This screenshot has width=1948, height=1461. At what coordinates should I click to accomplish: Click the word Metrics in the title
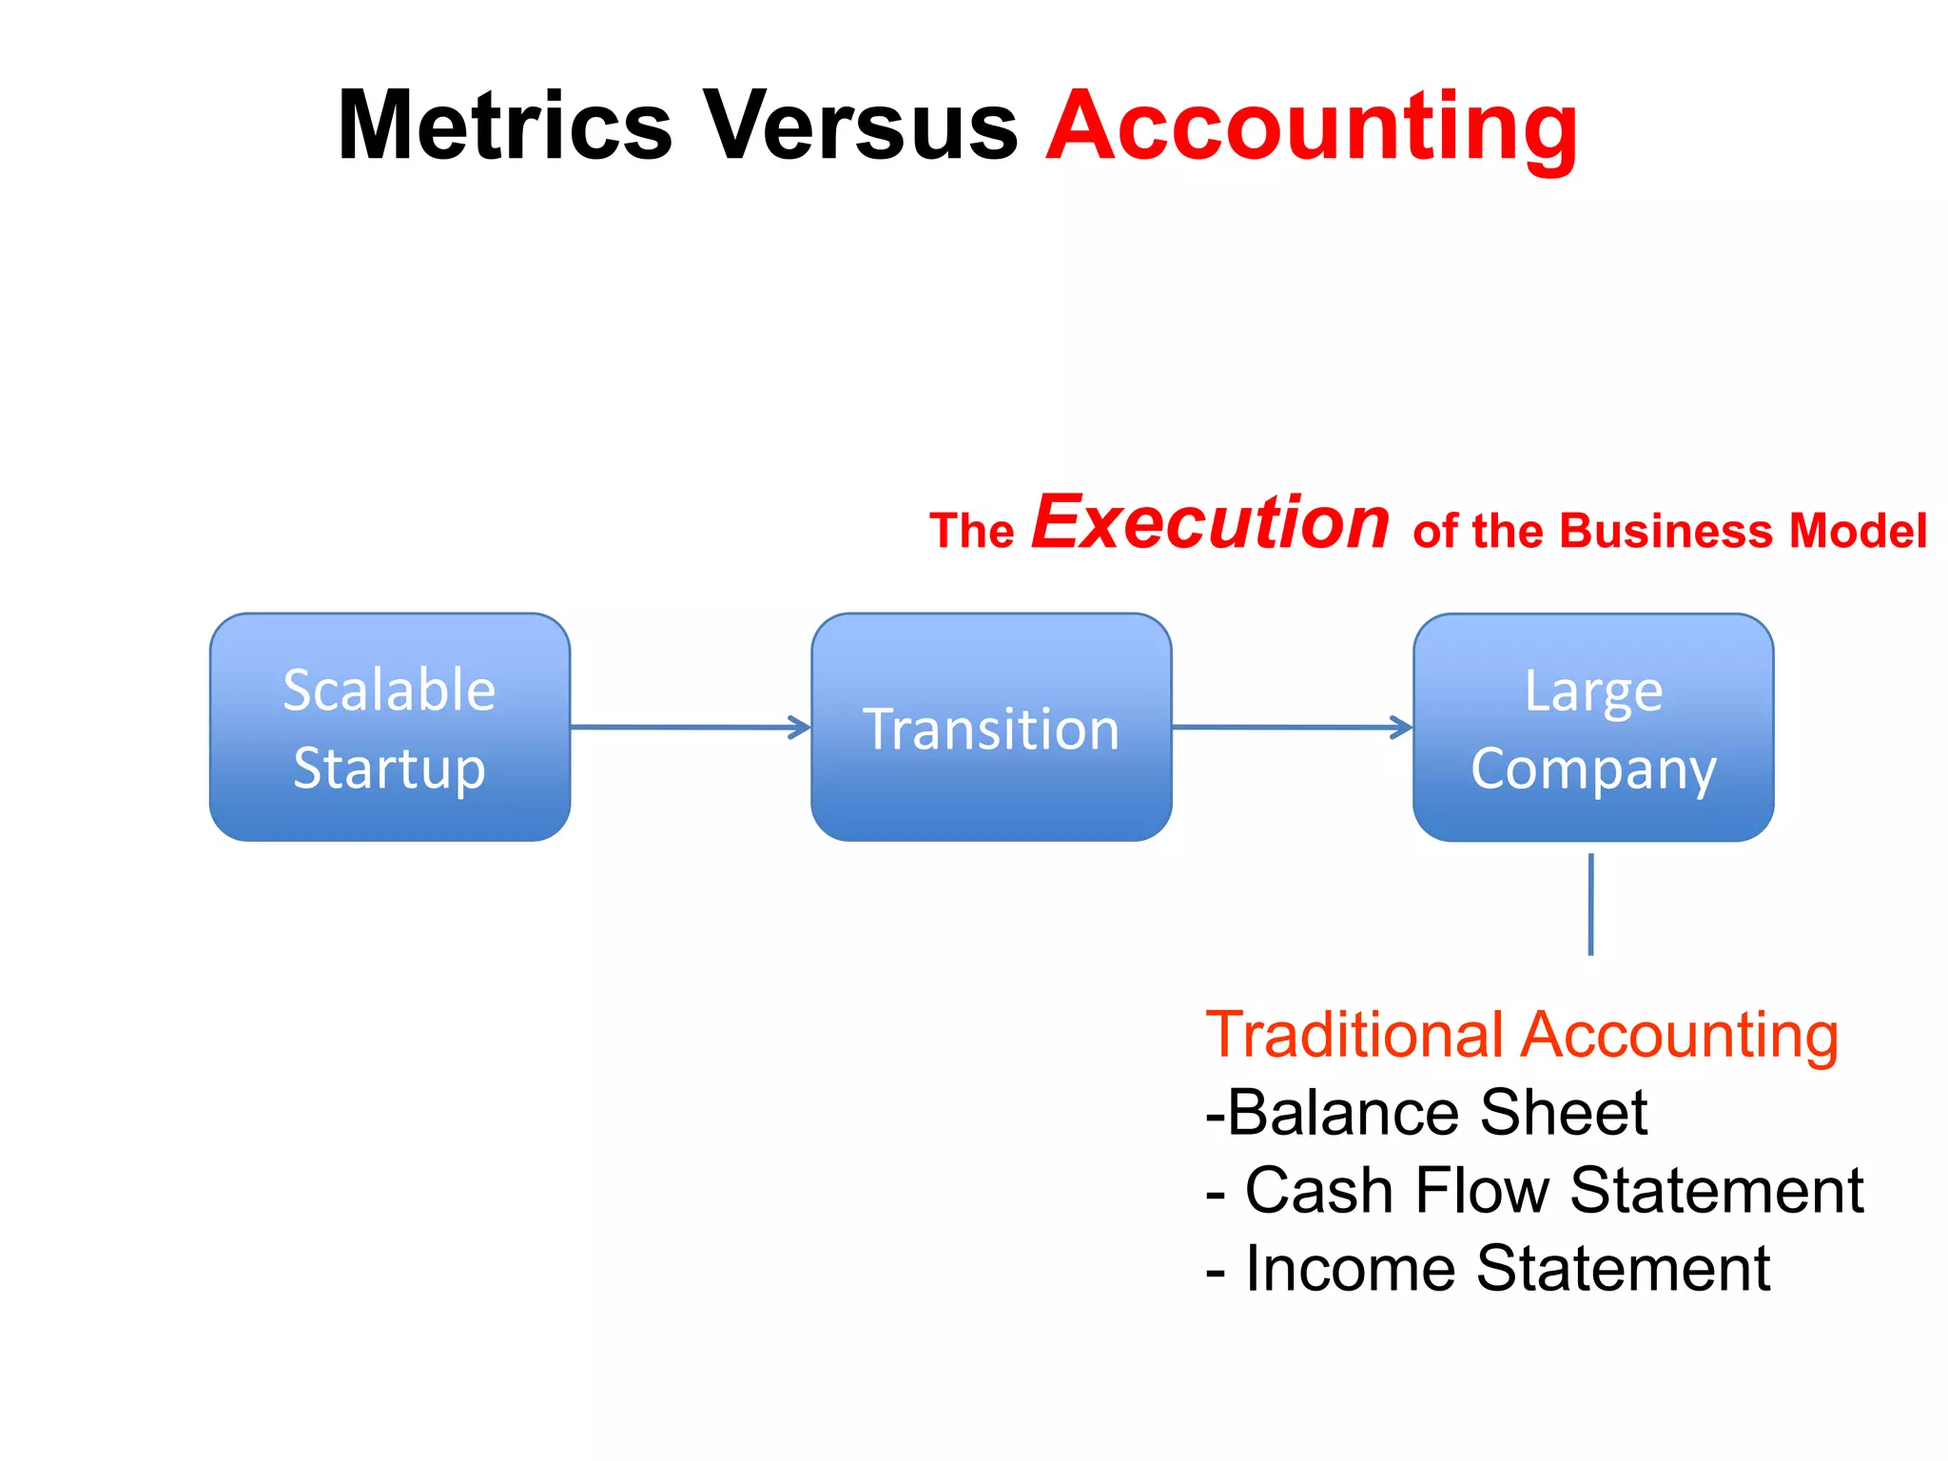pos(505,127)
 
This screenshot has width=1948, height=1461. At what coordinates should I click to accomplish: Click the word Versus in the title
pos(860,127)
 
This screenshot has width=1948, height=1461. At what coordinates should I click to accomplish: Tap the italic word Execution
pos(1211,522)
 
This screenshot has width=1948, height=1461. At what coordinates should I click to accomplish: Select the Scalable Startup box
pos(390,728)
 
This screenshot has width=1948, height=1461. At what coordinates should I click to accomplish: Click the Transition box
pos(991,728)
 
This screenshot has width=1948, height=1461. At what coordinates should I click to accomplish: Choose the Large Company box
pos(1593,728)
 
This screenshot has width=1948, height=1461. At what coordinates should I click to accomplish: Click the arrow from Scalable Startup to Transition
pos(690,728)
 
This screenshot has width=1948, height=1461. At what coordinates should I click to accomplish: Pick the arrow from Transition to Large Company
pos(1292,728)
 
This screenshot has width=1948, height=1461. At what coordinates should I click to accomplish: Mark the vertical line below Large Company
pos(1590,904)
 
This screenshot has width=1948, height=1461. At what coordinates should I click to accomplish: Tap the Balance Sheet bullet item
pos(1427,1113)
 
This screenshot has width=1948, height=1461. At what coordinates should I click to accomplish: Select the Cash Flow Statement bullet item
pos(1534,1191)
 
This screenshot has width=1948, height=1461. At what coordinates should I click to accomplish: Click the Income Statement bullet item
pos(1488,1269)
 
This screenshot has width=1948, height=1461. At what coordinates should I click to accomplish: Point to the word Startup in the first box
pos(389,769)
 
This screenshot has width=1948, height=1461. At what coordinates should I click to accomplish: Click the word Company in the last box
pos(1593,769)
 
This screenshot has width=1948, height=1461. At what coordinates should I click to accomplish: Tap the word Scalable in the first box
pos(389,690)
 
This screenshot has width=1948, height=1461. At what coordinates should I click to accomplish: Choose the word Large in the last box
pos(1593,692)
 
